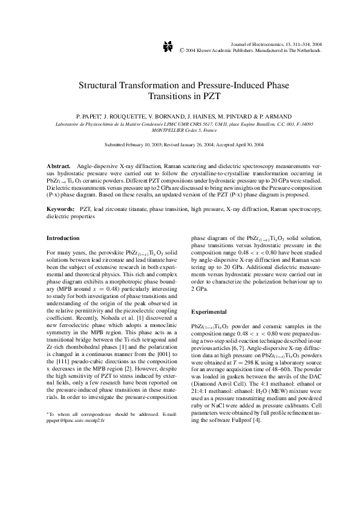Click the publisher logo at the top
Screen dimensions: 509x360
click(169, 46)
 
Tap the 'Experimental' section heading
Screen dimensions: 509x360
click(209, 311)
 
